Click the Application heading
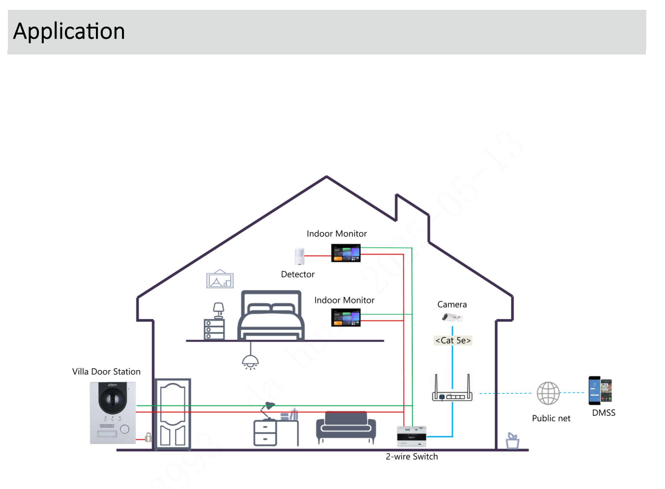click(69, 31)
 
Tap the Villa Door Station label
click(106, 372)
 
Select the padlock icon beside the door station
click(148, 436)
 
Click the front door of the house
click(173, 414)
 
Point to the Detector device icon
click(300, 256)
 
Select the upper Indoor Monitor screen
click(346, 253)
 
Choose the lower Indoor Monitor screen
click(346, 317)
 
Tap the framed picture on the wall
click(220, 279)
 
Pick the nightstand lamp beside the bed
click(218, 310)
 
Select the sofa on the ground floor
click(346, 427)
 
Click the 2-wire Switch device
click(411, 436)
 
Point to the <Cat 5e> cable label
click(453, 340)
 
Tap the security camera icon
click(452, 317)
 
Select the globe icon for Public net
click(548, 393)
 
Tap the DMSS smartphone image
click(600, 391)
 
